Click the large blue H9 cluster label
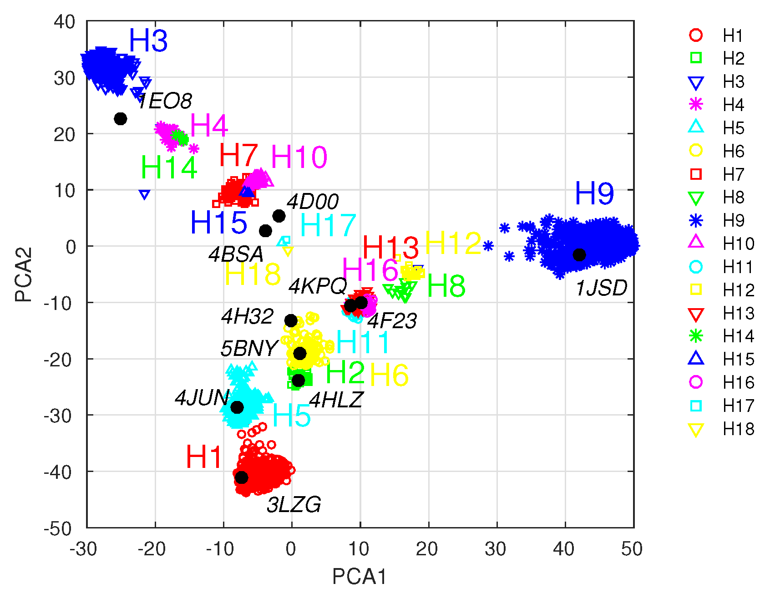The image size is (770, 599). coord(594,193)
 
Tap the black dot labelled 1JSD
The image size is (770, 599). coord(579,255)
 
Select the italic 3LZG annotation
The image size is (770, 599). coord(294,505)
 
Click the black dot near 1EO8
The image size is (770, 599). coord(120,119)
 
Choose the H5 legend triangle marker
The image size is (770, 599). coord(696,127)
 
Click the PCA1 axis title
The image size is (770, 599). coord(359,577)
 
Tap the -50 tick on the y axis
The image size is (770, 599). coord(58,528)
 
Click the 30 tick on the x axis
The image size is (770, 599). coord(496,549)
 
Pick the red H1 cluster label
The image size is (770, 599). coord(203,457)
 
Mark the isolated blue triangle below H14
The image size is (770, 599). coord(144,195)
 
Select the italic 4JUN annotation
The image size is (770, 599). coord(202,398)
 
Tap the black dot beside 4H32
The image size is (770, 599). coord(291,320)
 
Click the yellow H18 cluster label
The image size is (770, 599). coord(253,274)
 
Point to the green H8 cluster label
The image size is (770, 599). coord(446,286)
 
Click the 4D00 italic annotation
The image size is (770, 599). coord(313,202)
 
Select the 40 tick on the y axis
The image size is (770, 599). coord(64,22)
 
